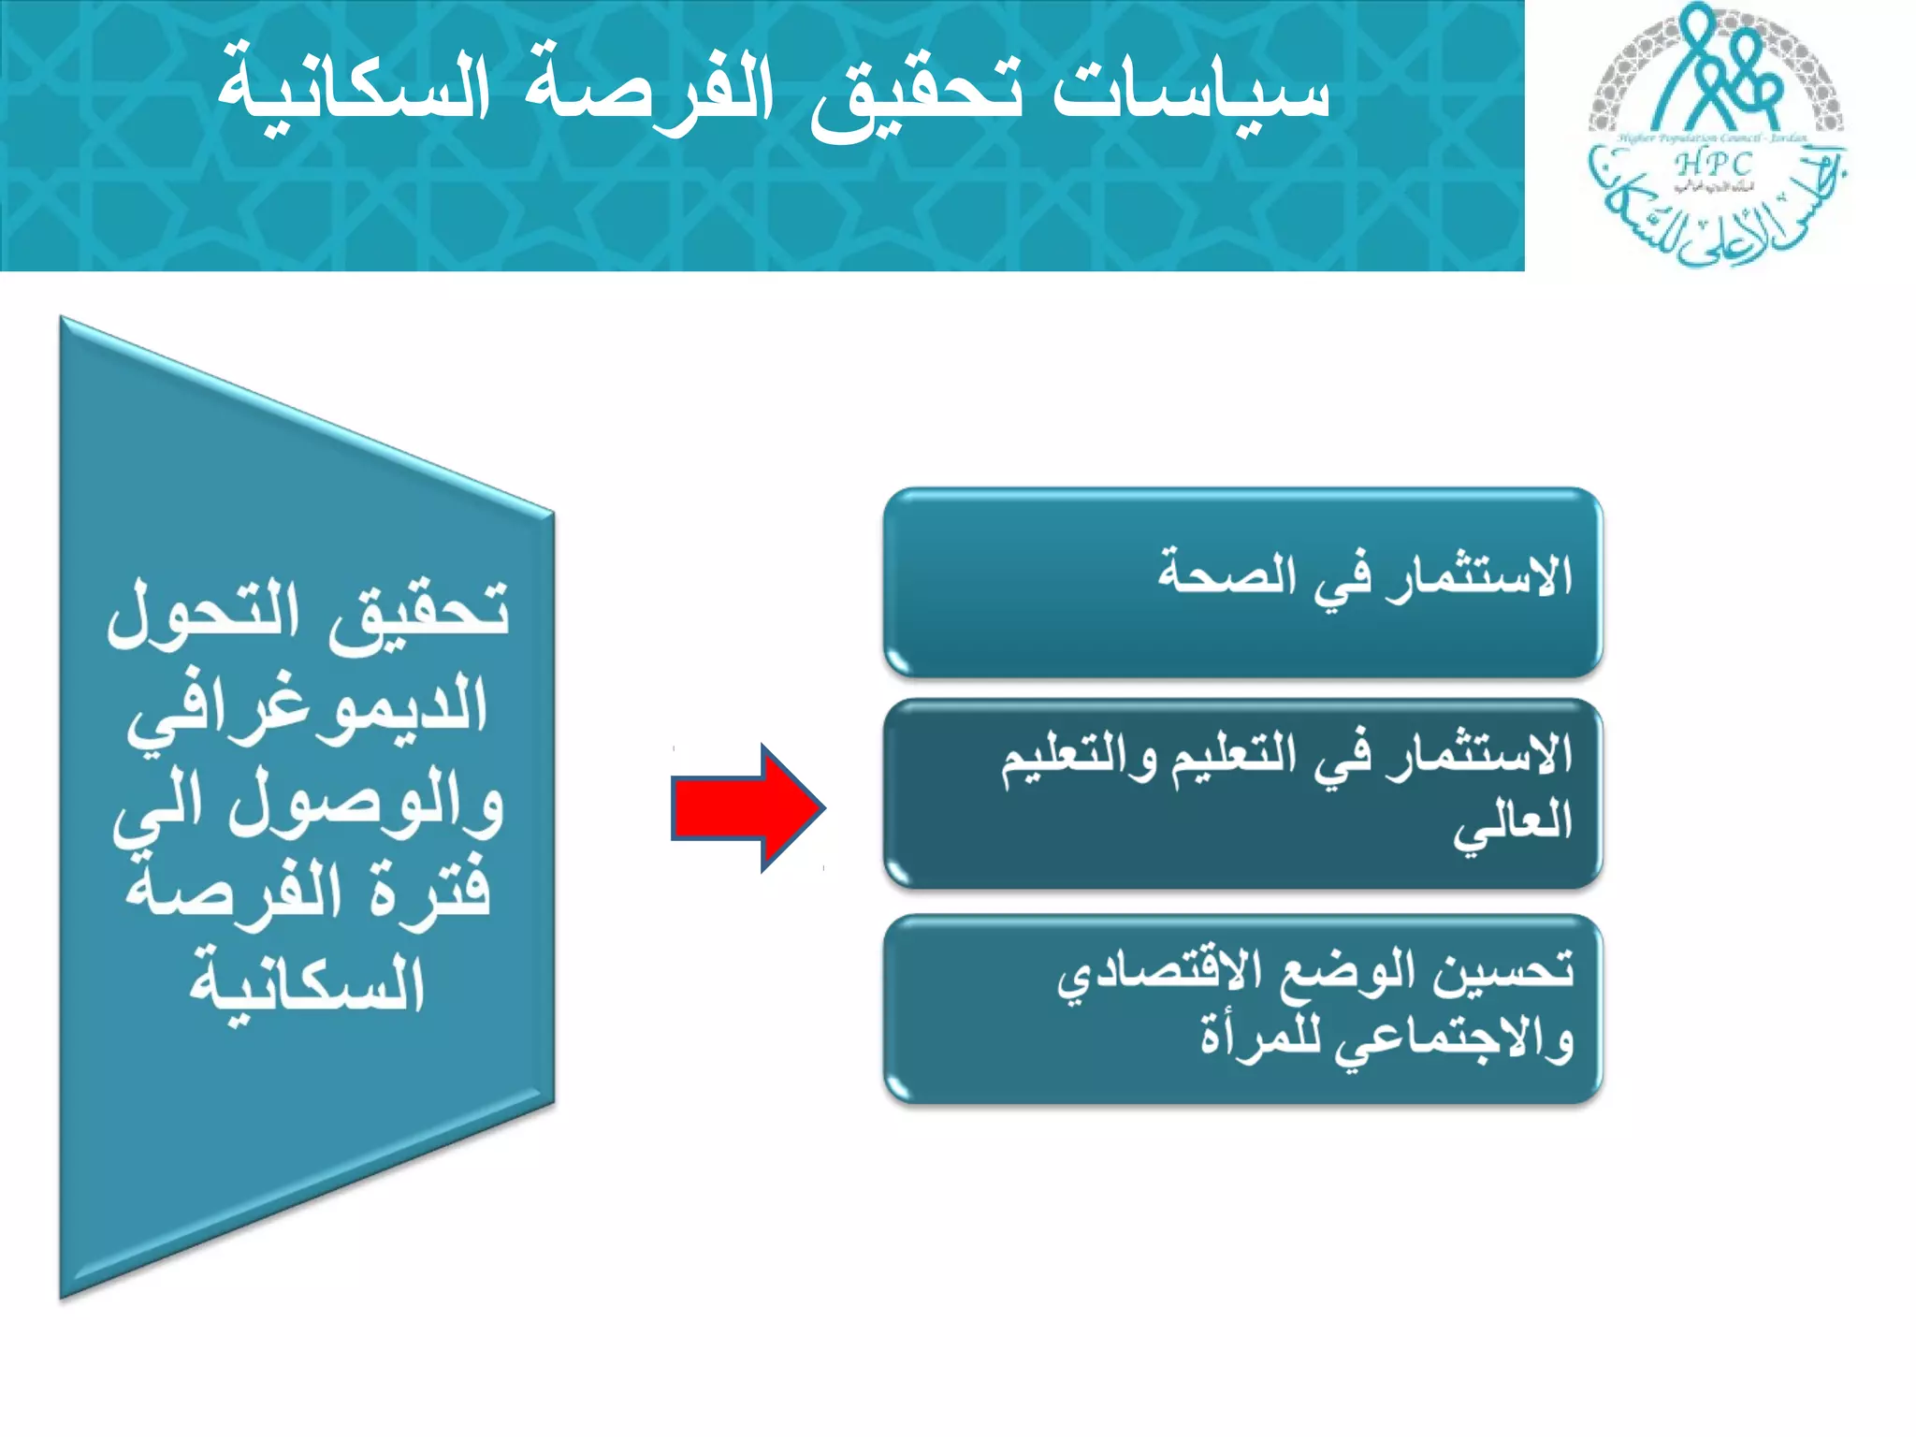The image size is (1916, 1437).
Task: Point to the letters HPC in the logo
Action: [x=1714, y=165]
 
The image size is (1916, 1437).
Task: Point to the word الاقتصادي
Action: [x=1151, y=977]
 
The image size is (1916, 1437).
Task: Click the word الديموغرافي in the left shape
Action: [x=309, y=709]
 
